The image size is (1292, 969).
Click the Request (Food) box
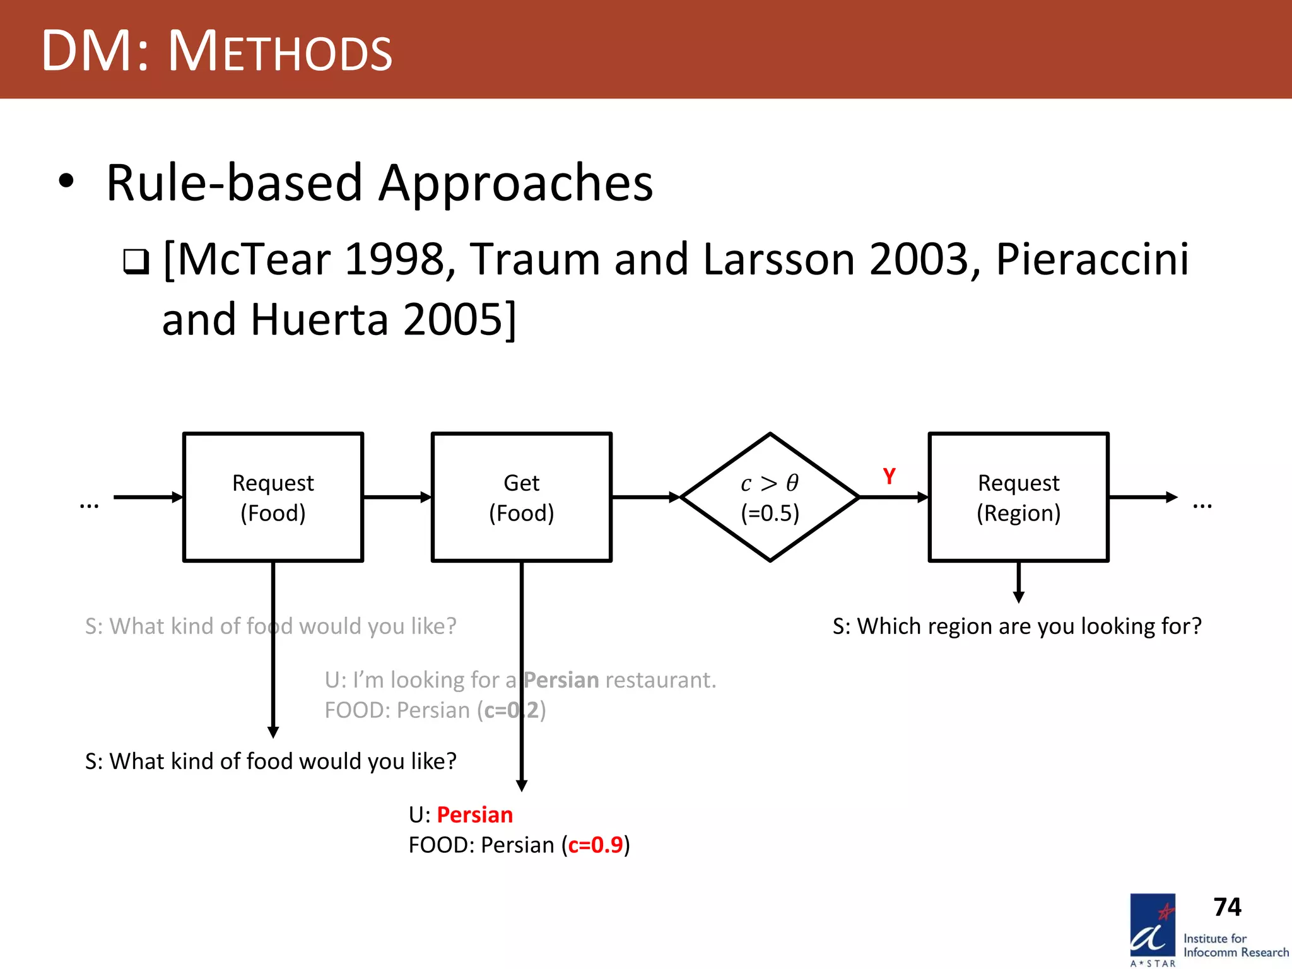pos(273,497)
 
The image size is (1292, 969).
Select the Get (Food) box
pos(521,497)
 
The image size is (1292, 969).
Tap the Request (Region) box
pos(1018,497)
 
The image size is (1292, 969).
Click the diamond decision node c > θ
pos(770,497)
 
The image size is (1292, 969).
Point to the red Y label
pos(889,476)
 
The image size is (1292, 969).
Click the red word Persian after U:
pos(474,814)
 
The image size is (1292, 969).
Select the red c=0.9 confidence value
pos(595,845)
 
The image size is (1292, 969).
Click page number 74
pos(1227,907)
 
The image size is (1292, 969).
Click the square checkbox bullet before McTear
pos(136,261)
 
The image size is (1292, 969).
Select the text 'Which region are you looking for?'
pos(1028,626)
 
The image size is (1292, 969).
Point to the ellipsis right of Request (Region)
pos(1202,505)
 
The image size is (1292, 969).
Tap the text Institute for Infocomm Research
pos(1235,946)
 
